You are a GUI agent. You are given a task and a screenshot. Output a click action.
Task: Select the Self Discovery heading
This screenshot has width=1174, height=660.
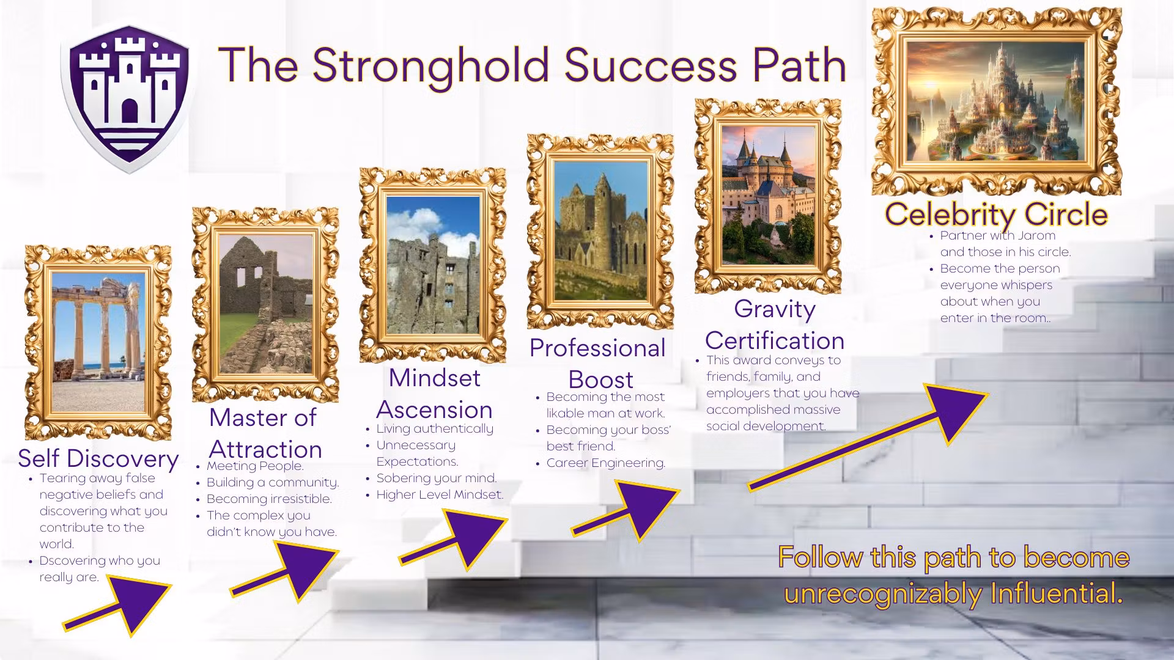tap(98, 458)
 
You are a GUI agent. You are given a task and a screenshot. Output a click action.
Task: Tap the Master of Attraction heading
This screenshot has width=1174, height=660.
tap(265, 433)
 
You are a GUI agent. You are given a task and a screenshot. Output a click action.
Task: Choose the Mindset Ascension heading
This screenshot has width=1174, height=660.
tap(435, 394)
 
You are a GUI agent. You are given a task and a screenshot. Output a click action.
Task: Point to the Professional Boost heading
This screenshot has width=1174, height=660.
tap(597, 364)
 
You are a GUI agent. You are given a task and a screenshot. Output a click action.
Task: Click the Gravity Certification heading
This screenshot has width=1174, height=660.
tap(775, 324)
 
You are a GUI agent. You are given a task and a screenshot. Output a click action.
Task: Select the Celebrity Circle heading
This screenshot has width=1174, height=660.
tap(997, 214)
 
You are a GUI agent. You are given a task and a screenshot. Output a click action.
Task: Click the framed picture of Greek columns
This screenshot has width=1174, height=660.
tap(98, 342)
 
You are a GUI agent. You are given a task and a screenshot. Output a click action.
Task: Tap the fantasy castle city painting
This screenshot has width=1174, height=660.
tap(997, 101)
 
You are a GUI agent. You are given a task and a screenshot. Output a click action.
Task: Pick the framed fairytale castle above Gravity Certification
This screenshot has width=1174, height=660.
tap(768, 196)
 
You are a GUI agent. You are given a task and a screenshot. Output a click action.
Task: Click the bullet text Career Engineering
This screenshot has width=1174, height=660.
tap(605, 463)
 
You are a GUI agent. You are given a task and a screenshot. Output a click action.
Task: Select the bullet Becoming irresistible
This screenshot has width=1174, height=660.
tap(269, 499)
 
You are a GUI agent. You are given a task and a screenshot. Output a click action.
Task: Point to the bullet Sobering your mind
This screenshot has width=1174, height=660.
tap(437, 478)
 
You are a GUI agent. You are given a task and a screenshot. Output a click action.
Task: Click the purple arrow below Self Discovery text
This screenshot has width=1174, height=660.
tap(117, 608)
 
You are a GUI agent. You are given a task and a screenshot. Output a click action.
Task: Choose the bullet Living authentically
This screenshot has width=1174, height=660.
tap(435, 428)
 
